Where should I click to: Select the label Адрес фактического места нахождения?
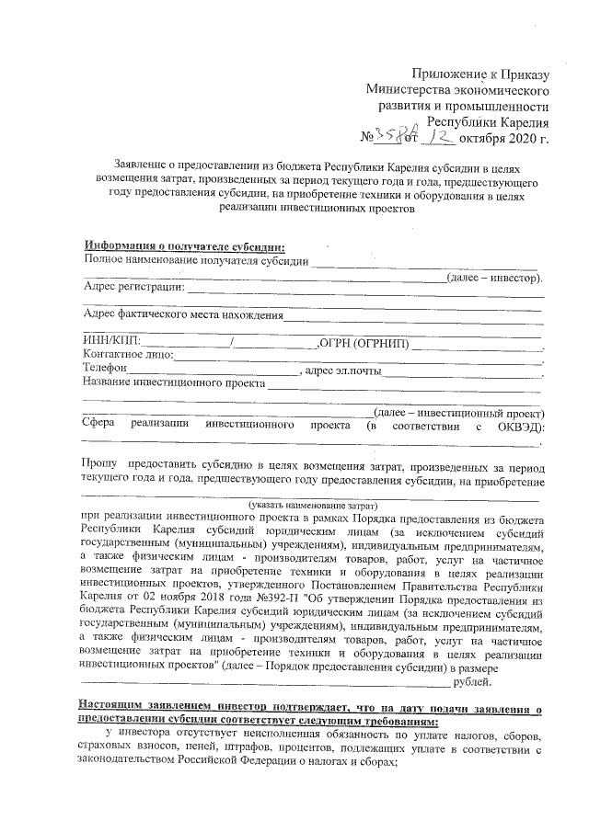[x=182, y=315]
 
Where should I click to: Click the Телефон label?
[x=105, y=370]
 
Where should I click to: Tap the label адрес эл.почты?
[x=342, y=370]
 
